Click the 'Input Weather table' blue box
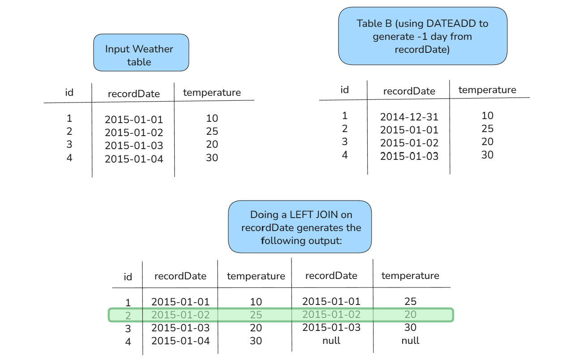[x=141, y=52]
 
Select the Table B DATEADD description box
[x=423, y=36]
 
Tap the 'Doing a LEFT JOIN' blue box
[x=300, y=227]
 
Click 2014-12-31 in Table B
[x=409, y=117]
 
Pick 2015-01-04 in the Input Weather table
[x=134, y=159]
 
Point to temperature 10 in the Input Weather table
[x=212, y=118]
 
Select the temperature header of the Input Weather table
[x=212, y=92]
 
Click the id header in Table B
[x=344, y=90]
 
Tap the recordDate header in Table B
[x=409, y=91]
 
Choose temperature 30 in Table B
[x=487, y=155]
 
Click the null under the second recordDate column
[x=331, y=340]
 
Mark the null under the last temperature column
[x=410, y=340]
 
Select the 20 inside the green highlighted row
[x=410, y=314]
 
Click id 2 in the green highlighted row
[x=128, y=316]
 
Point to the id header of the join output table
[x=128, y=277]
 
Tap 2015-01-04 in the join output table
[x=180, y=341]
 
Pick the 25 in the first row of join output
[x=410, y=301]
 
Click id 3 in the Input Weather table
[x=69, y=144]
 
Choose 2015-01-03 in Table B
[x=409, y=156]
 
